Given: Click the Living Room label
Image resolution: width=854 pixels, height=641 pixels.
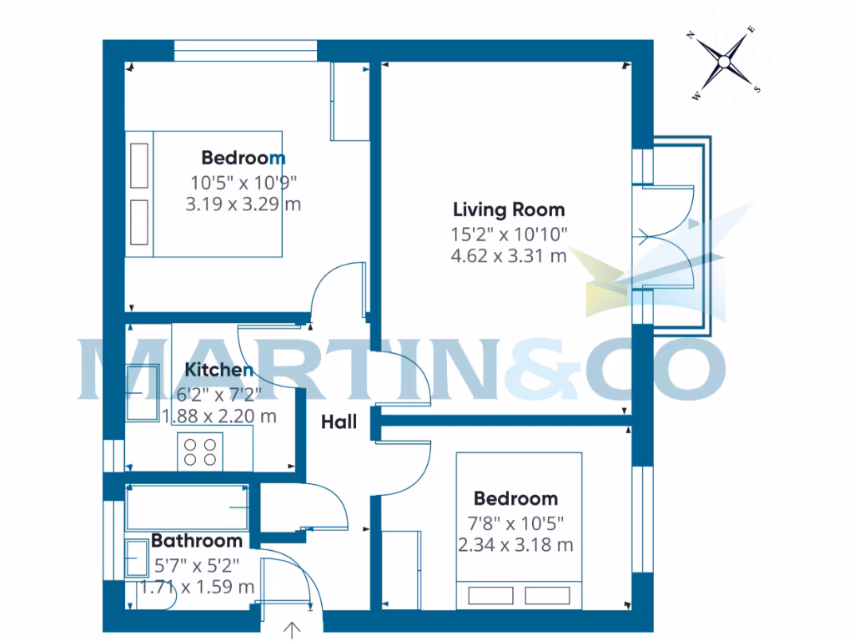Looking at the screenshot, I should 509,209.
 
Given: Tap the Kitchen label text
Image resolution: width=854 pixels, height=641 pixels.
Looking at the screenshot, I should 219,370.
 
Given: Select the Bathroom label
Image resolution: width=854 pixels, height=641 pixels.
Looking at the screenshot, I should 197,541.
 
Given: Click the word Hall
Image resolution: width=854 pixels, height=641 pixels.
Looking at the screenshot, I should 339,422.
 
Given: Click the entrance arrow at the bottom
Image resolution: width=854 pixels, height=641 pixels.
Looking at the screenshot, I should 292,630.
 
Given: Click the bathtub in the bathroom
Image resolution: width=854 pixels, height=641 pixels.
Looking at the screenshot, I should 187,508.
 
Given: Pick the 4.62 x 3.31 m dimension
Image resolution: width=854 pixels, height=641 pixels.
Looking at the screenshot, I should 509,256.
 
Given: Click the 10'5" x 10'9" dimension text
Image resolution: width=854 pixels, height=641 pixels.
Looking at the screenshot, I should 244,181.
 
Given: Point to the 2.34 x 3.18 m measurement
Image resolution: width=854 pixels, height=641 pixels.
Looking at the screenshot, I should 515,546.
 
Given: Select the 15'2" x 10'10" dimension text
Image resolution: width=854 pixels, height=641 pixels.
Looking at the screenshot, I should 509,234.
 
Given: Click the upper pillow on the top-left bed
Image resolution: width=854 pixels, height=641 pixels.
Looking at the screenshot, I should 139,164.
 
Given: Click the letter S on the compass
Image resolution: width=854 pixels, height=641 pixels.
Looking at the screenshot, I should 757,88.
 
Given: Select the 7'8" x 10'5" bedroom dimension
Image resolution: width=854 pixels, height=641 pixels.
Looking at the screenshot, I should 515,523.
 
